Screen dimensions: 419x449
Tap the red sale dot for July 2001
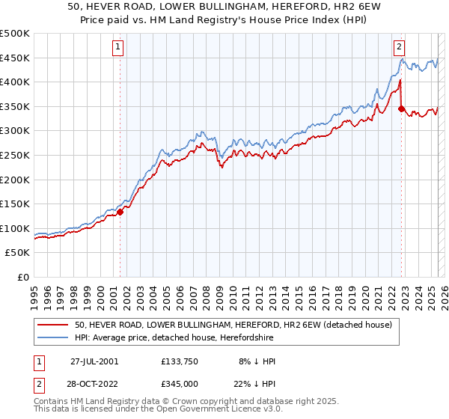(x=120, y=212)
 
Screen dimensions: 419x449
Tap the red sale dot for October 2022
(x=402, y=108)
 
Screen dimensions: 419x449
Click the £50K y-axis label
(x=18, y=253)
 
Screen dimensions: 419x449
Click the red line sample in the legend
(x=53, y=325)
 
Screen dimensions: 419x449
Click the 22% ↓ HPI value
(x=255, y=383)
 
